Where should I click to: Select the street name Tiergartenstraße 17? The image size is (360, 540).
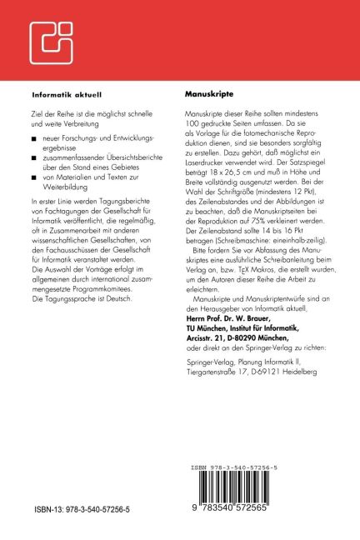[219, 350]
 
